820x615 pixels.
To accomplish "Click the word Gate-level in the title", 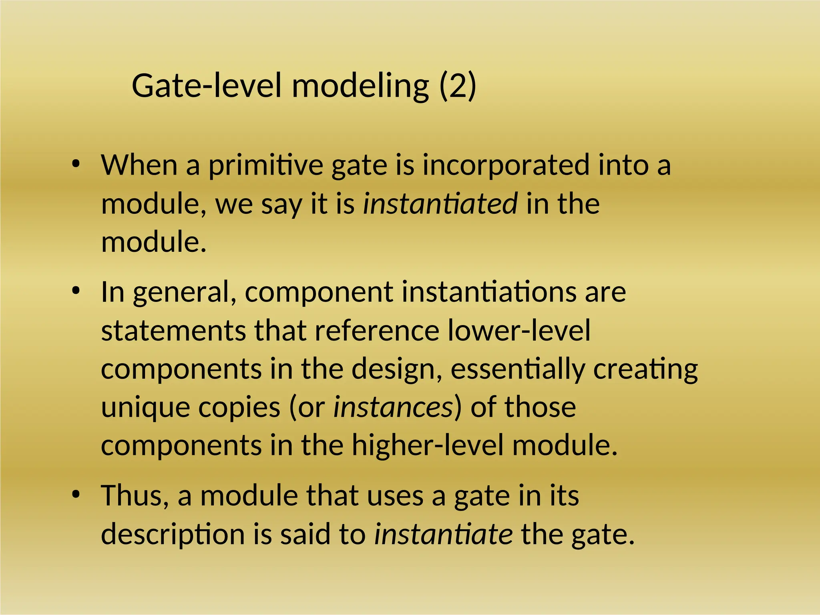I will click(x=206, y=86).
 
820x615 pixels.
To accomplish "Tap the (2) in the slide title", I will click(x=458, y=86).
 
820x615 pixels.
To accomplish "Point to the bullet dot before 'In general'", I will click(x=76, y=291).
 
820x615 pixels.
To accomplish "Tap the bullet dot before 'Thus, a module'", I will click(x=76, y=495).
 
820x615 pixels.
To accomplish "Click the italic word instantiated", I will click(x=440, y=203).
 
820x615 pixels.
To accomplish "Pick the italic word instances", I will click(x=393, y=407).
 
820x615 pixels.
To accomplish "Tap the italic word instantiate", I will click(x=443, y=534).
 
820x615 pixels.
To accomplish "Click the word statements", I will click(x=173, y=331).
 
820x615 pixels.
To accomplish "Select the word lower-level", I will click(x=519, y=331).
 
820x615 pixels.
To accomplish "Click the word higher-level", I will click(x=427, y=445).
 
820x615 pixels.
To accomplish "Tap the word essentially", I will click(x=517, y=369).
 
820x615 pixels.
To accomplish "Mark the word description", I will click(x=173, y=535).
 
